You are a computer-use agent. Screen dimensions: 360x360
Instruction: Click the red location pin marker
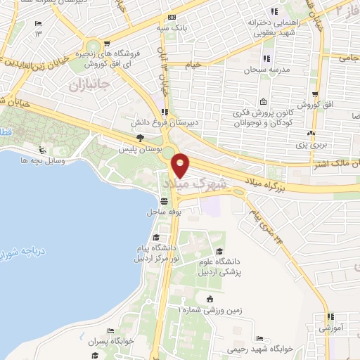(181, 165)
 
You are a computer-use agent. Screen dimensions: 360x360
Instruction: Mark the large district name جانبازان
(88, 85)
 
